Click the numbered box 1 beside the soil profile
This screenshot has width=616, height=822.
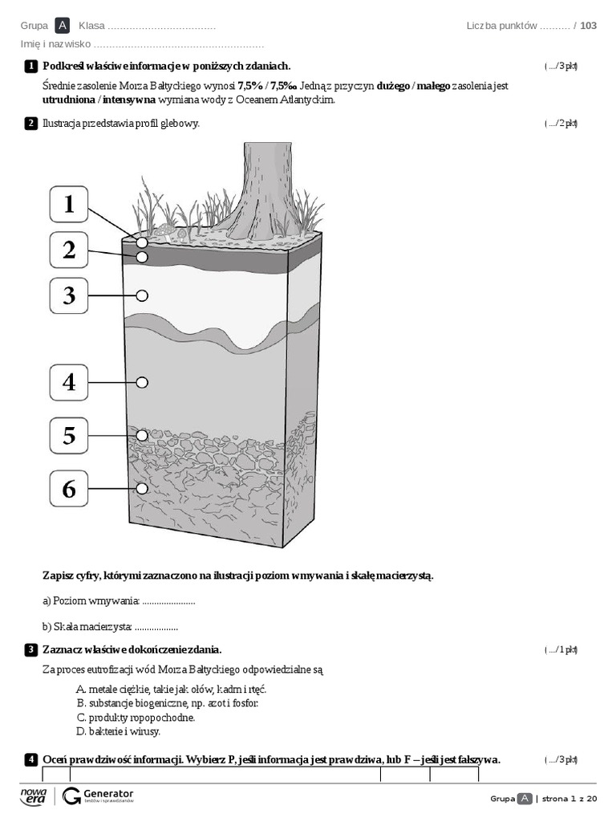(69, 204)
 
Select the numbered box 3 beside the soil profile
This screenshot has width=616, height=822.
(69, 296)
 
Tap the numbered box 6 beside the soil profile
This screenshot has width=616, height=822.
(69, 488)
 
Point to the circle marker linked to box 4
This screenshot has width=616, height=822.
(142, 382)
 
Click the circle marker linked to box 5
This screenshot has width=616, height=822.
(142, 435)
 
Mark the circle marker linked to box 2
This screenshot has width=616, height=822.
(142, 257)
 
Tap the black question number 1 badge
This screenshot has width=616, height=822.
(30, 66)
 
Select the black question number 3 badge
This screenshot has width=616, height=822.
(30, 649)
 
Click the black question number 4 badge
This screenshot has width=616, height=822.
(30, 759)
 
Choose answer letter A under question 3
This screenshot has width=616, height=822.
(80, 689)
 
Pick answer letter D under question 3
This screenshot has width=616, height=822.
(80, 731)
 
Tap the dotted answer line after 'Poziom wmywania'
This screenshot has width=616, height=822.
(168, 601)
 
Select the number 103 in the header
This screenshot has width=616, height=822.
(588, 26)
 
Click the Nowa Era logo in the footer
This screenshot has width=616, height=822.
(34, 796)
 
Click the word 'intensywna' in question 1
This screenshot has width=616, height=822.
(129, 100)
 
